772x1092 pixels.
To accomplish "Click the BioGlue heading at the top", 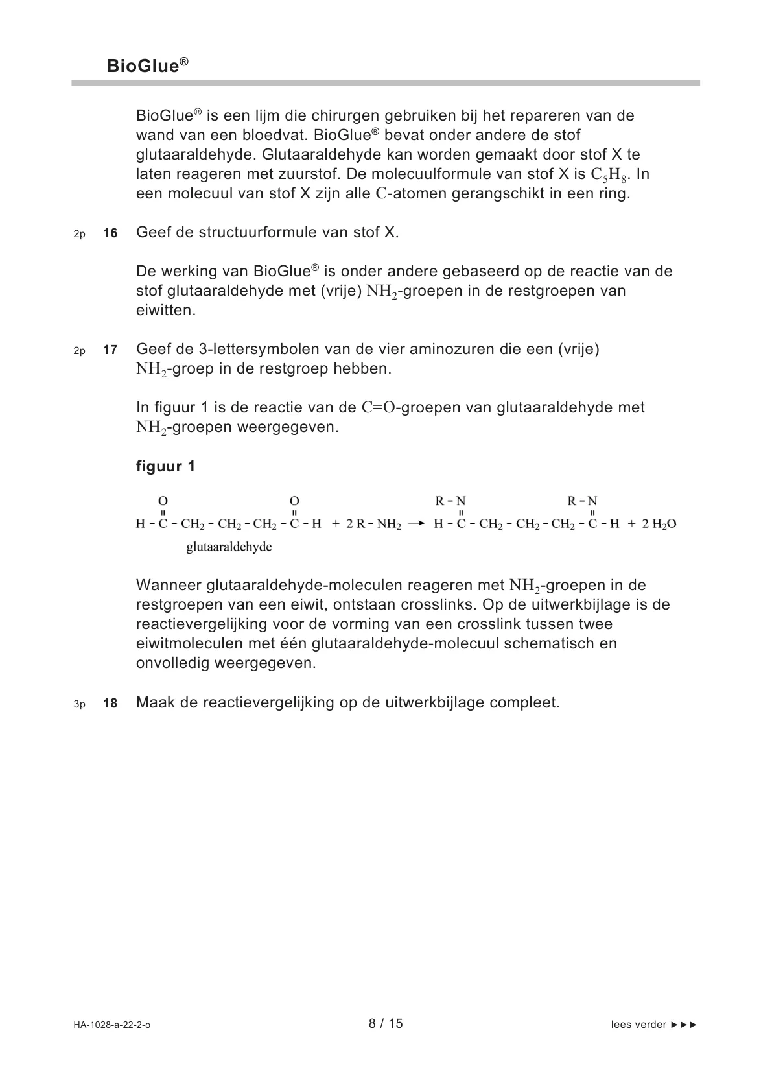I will click(147, 65).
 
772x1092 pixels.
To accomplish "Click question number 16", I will click(110, 233).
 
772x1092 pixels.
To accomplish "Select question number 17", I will click(110, 350).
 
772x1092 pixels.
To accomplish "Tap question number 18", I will click(110, 703).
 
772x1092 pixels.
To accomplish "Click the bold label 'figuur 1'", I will click(165, 466).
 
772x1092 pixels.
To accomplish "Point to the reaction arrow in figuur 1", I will click(416, 523).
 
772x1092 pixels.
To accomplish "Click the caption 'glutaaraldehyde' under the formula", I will click(229, 547).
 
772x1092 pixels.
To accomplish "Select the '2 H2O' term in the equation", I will click(659, 524).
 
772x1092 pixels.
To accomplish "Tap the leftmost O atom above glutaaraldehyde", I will click(163, 501).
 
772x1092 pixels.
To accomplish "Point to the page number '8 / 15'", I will click(386, 1023).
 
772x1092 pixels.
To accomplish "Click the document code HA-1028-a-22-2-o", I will click(112, 1025).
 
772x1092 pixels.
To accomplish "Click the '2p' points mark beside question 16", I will click(79, 234).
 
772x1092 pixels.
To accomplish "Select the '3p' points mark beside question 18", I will click(79, 704).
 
